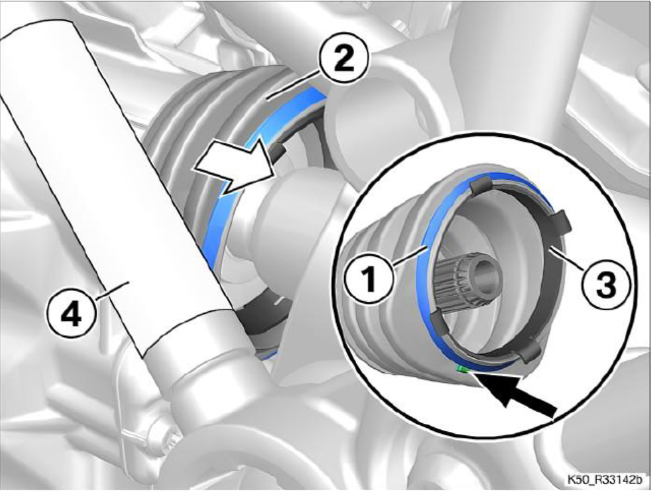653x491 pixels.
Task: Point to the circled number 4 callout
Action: tap(72, 314)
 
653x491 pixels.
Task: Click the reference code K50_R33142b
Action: tap(603, 479)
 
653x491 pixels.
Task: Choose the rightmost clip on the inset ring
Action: tap(558, 222)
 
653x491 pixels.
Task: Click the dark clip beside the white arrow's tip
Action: tap(279, 152)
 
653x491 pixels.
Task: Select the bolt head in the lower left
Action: tap(165, 433)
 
